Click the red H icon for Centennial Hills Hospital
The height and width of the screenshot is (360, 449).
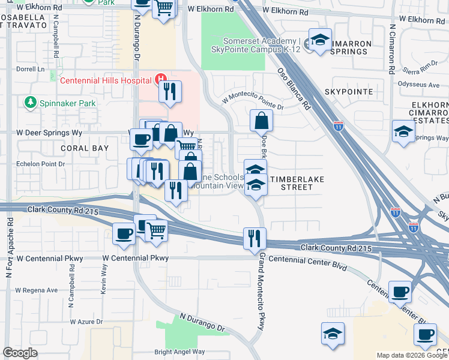pos(161,79)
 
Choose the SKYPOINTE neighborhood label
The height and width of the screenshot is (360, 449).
pos(349,92)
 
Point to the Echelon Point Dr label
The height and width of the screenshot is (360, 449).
pos(39,163)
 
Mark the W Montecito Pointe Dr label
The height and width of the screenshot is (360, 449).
pos(253,103)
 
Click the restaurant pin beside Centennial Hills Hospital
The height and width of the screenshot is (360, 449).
pos(170,92)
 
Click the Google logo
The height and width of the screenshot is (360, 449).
pos(20,353)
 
